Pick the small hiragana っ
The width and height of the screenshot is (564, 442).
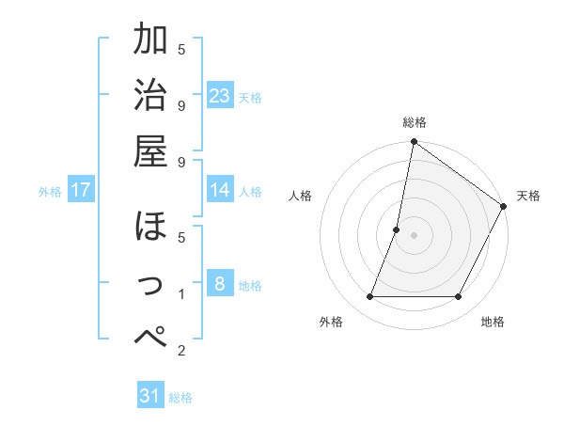[152, 283]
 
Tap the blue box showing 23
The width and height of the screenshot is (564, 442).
[220, 95]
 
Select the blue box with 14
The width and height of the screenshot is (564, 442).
[220, 190]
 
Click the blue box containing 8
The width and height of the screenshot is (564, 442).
[220, 283]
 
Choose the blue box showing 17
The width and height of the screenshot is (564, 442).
[81, 190]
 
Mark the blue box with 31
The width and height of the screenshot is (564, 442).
[150, 396]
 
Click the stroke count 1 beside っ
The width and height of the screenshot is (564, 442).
[181, 294]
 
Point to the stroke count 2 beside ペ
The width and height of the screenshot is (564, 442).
[181, 352]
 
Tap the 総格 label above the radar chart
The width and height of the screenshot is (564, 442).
[415, 122]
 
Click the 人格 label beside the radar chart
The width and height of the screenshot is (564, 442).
[301, 196]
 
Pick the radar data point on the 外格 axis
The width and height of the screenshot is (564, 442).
[370, 297]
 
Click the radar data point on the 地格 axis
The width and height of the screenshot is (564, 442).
[459, 297]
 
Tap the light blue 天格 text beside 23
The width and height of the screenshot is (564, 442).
[250, 97]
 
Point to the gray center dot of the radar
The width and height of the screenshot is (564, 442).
[415, 236]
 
